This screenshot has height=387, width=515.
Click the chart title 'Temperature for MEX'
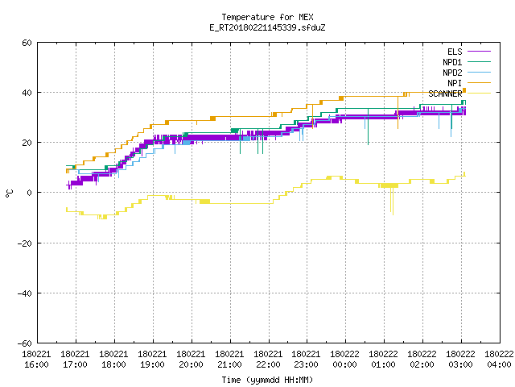point(267,17)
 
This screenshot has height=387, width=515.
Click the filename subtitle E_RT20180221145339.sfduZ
point(267,27)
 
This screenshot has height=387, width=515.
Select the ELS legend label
point(455,52)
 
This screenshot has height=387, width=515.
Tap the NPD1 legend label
point(452,62)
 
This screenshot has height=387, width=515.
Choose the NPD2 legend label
point(452,73)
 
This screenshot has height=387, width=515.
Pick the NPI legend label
point(455,83)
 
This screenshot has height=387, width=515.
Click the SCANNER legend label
point(445,94)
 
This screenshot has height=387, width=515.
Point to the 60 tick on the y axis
point(27,43)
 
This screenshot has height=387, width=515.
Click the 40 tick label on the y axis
point(27,93)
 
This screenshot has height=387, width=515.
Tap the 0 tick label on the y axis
point(30,193)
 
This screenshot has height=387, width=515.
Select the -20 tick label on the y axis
point(25,243)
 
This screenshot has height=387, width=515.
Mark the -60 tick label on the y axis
point(25,343)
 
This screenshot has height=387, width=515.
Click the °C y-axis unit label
point(9,193)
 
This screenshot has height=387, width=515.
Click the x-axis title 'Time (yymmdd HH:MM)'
point(267,380)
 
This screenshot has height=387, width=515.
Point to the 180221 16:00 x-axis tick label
point(36,360)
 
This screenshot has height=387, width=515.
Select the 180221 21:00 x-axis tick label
point(229,360)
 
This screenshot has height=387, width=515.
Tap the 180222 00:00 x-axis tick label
point(345,360)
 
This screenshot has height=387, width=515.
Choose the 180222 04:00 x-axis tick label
point(499,360)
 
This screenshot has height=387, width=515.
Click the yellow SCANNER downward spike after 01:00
point(392,201)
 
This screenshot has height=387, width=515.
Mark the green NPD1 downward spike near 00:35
point(368,127)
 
